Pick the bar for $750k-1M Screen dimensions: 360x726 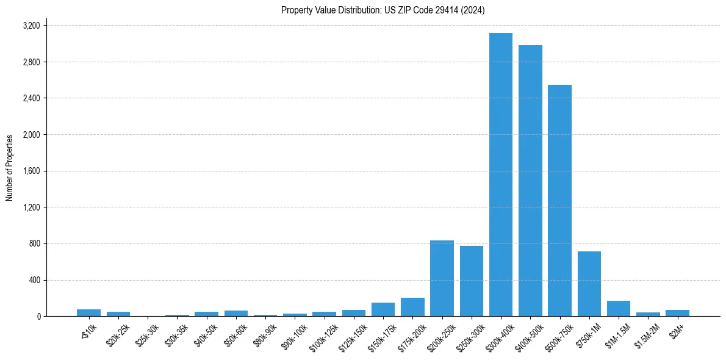point(589,284)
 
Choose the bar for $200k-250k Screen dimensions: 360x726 point(442,278)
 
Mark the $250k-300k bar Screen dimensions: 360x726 point(472,281)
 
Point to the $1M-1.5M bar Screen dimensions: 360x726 point(619,309)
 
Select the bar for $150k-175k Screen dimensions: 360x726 point(383,309)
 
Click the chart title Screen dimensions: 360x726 point(383,10)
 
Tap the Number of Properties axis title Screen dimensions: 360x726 point(10,168)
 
